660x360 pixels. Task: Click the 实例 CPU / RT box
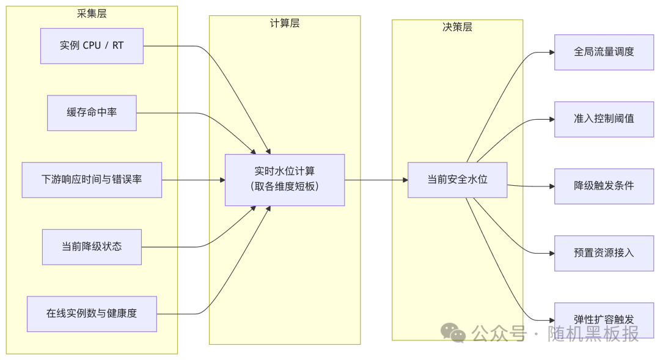(92, 46)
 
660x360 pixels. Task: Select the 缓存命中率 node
(92, 113)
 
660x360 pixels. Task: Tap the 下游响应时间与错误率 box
(92, 180)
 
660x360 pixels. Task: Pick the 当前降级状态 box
(92, 247)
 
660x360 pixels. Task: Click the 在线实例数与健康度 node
(92, 314)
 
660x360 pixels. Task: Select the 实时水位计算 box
(285, 180)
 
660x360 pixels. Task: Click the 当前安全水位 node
(457, 180)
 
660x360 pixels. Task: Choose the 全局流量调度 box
(604, 52)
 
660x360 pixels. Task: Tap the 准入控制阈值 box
(604, 119)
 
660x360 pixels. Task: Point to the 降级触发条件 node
(604, 186)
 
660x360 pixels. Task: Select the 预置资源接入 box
(604, 253)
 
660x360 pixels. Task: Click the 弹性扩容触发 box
(604, 320)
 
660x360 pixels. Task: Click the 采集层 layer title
(92, 13)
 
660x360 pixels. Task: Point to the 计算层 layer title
(285, 23)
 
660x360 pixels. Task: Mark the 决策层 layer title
(457, 28)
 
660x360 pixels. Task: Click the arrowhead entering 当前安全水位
(405, 180)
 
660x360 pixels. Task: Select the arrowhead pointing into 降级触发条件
(551, 186)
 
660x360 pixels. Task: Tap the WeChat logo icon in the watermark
(453, 332)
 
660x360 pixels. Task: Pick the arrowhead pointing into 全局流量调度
(551, 52)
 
